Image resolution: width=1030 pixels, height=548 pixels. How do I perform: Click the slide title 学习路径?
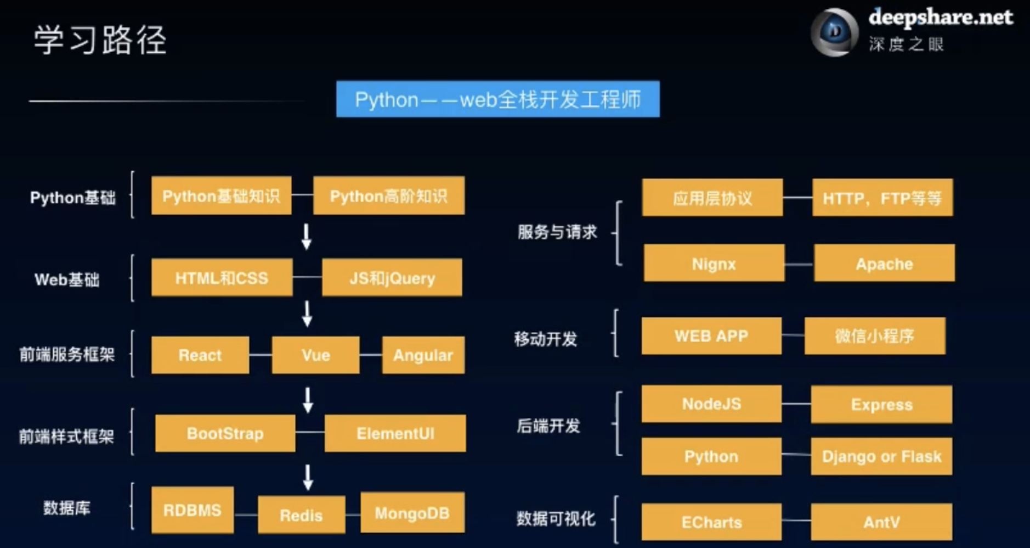(100, 40)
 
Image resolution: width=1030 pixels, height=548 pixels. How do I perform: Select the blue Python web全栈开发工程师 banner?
(497, 99)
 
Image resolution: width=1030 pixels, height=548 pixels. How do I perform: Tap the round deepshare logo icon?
(834, 32)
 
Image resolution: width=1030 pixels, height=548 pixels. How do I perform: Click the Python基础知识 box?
(221, 195)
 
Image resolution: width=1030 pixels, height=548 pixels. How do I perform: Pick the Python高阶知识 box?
(388, 195)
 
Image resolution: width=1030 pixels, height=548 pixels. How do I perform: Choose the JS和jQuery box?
(392, 278)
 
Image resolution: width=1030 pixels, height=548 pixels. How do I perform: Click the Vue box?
(315, 355)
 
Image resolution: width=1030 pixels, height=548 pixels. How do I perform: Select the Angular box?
(423, 355)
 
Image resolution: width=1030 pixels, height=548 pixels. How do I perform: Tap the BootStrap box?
(225, 433)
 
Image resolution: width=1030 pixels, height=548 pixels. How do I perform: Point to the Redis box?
(301, 515)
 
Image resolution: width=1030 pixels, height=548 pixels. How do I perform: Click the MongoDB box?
(412, 513)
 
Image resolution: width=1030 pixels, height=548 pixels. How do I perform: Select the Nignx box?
(714, 264)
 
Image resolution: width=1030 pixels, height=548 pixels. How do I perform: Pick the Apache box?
(884, 264)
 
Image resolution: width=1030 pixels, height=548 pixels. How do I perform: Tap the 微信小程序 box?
(874, 335)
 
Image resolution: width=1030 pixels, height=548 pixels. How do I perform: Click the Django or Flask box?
(881, 456)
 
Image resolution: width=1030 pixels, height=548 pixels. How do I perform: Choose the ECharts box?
(711, 522)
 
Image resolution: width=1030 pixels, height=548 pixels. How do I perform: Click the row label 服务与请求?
(557, 232)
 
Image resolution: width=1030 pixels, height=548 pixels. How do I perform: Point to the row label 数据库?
(66, 508)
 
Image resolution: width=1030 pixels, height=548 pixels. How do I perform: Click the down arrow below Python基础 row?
(307, 237)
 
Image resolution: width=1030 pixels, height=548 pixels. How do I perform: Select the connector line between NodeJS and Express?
(796, 404)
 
